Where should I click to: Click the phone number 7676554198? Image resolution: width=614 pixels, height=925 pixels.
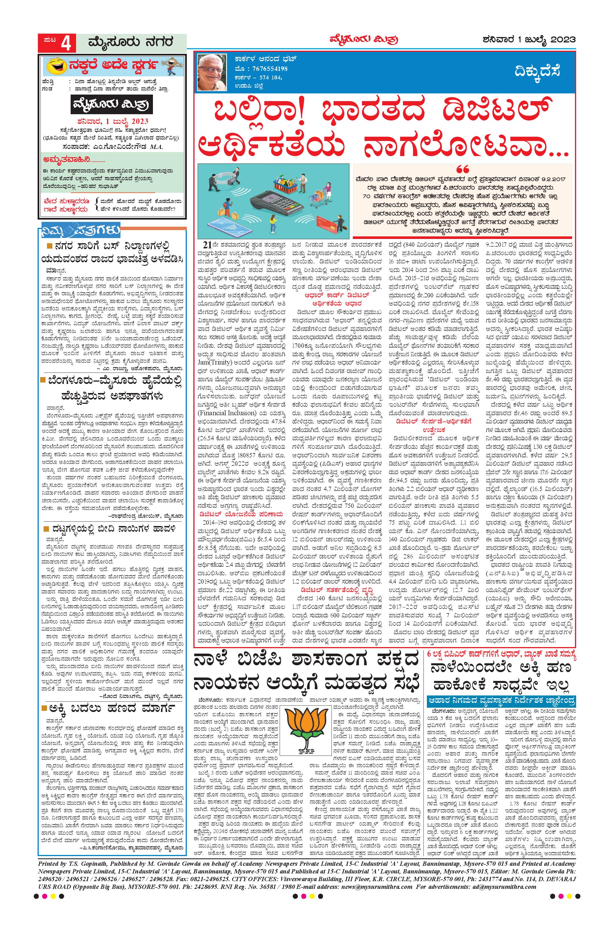(265, 69)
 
